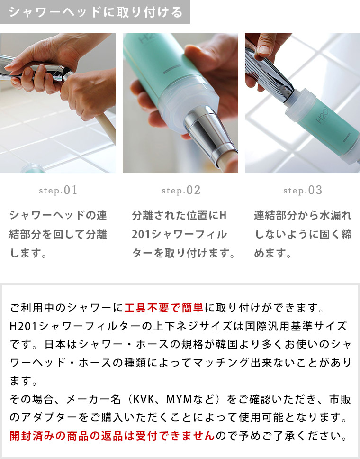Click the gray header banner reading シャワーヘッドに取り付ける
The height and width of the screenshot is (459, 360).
point(95,12)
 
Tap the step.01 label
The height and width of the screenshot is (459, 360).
point(58,190)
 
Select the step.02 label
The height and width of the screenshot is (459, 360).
point(181,190)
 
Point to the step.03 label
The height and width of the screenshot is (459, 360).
point(303,190)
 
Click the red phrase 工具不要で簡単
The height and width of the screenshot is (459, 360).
point(164,307)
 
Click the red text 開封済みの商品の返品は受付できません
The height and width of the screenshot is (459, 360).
point(112,436)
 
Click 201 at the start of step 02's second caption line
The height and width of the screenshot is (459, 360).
point(141,234)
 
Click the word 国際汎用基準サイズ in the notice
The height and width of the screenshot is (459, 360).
point(296,326)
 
